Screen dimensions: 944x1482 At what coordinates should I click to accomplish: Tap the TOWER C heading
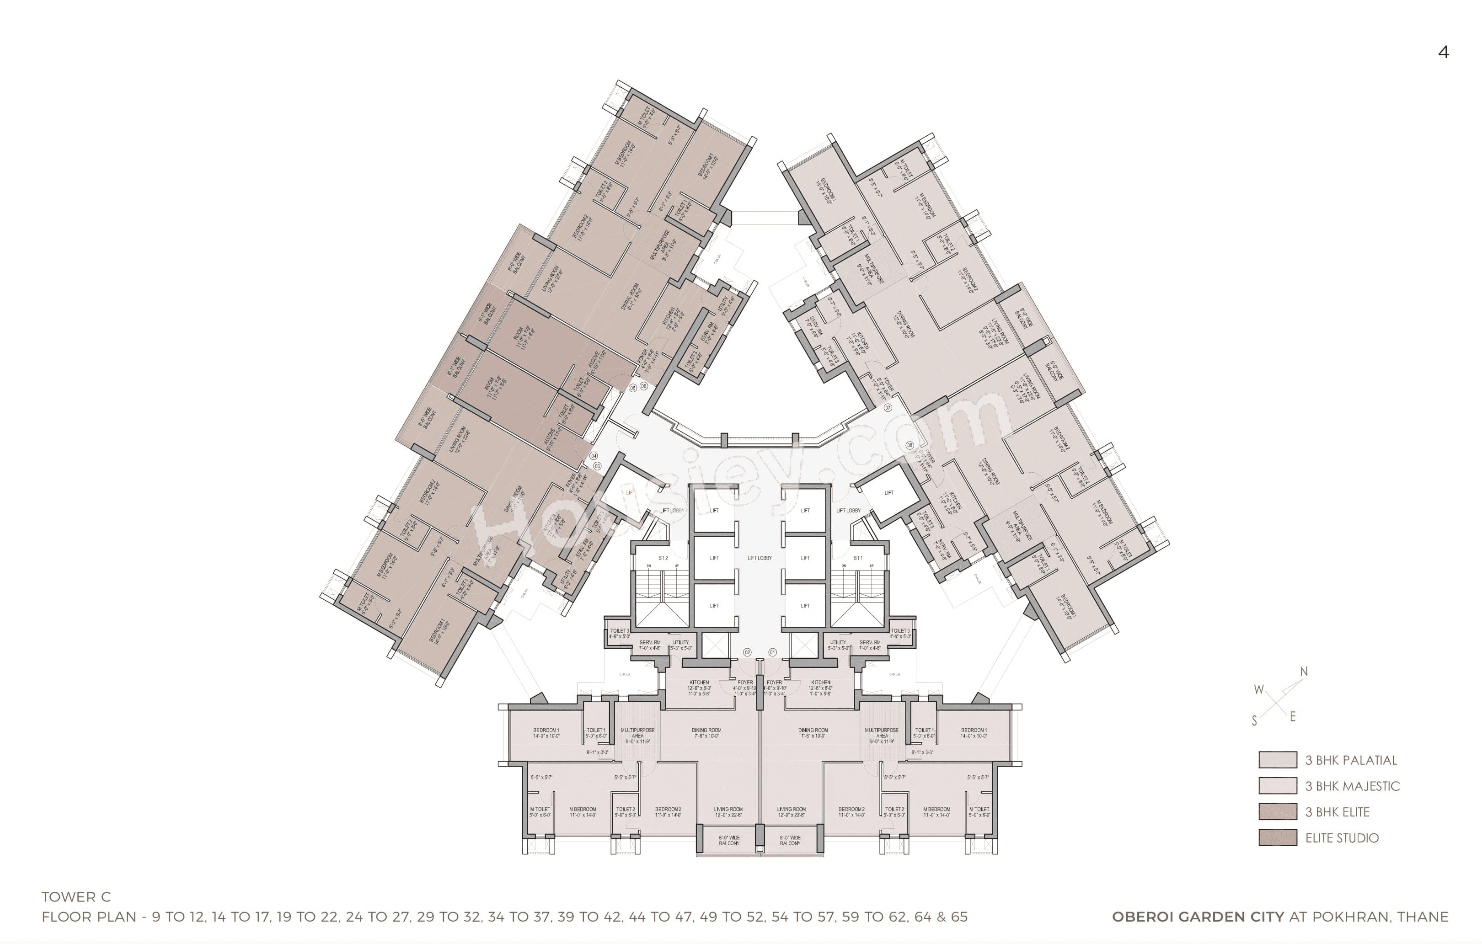click(x=76, y=897)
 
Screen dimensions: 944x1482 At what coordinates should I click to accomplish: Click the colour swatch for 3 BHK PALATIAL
click(x=1278, y=760)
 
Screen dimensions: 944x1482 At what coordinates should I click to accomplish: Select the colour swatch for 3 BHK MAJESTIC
click(x=1278, y=786)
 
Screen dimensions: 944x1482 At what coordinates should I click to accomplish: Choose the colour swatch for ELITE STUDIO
click(x=1278, y=837)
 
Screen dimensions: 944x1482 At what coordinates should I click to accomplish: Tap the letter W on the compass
click(x=1258, y=690)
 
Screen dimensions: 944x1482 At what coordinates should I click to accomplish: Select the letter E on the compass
click(x=1292, y=717)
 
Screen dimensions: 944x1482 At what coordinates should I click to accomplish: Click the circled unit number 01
click(x=772, y=652)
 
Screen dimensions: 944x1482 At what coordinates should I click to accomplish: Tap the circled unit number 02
click(x=748, y=652)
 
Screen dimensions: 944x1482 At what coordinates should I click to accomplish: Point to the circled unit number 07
click(x=888, y=407)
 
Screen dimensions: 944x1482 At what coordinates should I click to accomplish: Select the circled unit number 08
click(x=910, y=446)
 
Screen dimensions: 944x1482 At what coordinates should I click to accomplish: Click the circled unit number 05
click(x=633, y=388)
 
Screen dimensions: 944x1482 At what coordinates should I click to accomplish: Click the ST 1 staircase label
click(x=858, y=558)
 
